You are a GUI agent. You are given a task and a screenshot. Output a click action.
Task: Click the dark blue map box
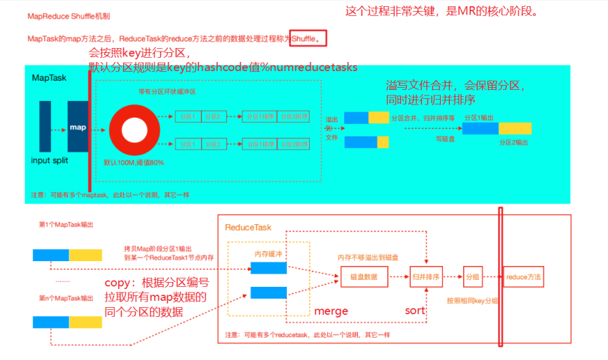(x=77, y=127)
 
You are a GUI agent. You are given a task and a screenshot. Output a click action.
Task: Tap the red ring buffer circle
(x=132, y=130)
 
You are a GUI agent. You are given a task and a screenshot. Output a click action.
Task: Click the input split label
(x=50, y=161)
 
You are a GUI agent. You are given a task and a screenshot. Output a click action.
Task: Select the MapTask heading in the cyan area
(x=49, y=78)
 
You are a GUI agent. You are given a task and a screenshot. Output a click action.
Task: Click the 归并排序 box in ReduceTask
(x=426, y=277)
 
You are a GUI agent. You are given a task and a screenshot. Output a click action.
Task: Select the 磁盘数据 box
(x=364, y=277)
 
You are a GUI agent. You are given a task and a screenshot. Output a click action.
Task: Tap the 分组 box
(x=473, y=277)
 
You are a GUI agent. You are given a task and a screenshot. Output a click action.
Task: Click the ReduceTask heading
(x=248, y=228)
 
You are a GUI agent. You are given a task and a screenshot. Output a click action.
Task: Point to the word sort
(x=415, y=311)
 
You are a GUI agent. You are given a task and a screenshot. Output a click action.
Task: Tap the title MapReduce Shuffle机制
(x=68, y=16)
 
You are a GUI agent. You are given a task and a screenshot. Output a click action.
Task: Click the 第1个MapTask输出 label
(x=66, y=225)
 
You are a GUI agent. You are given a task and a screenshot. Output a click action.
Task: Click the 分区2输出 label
(x=513, y=142)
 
